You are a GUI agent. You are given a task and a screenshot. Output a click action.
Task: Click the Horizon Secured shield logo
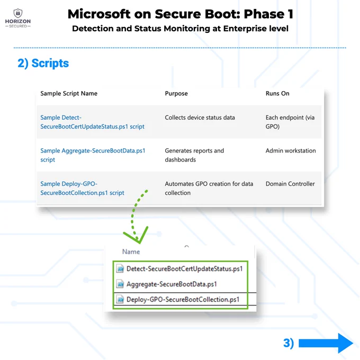pyautogui.click(x=18, y=13)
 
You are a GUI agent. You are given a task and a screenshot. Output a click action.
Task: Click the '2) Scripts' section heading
pyautogui.click(x=43, y=63)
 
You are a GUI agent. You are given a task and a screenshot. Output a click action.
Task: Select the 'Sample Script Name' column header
pyautogui.click(x=69, y=94)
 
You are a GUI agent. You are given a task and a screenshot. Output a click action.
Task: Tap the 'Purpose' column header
pyautogui.click(x=176, y=94)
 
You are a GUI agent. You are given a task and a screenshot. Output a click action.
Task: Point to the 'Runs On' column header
pyautogui.click(x=277, y=94)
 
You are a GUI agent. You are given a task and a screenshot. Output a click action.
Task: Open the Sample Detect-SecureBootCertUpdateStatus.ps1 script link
pyautogui.click(x=92, y=122)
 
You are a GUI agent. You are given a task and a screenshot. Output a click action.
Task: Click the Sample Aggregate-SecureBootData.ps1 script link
pyautogui.click(x=93, y=155)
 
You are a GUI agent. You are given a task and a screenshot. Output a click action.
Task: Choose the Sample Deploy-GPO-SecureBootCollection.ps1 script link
pyautogui.click(x=82, y=188)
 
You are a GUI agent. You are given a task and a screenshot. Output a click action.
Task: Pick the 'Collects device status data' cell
pyautogui.click(x=200, y=118)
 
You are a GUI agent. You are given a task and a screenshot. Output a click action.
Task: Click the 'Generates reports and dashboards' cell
pyautogui.click(x=194, y=155)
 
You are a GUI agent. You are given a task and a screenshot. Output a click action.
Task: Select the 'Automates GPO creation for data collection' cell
pyautogui.click(x=209, y=188)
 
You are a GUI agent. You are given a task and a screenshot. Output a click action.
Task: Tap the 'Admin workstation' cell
pyautogui.click(x=291, y=150)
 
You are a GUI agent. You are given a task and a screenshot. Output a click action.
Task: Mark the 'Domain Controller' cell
pyautogui.click(x=290, y=184)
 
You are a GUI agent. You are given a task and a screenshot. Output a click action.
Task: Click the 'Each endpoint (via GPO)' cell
pyautogui.click(x=290, y=122)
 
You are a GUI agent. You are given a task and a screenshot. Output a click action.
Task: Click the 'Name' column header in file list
pyautogui.click(x=131, y=251)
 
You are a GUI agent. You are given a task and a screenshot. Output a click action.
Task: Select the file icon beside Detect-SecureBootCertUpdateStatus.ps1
pyautogui.click(x=120, y=268)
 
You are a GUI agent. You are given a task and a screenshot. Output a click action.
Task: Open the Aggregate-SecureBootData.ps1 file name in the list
pyautogui.click(x=172, y=284)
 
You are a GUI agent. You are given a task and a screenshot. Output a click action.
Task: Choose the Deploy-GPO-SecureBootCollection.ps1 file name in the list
pyautogui.click(x=183, y=300)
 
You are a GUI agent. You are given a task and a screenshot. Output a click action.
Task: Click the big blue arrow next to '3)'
pyautogui.click(x=326, y=343)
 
